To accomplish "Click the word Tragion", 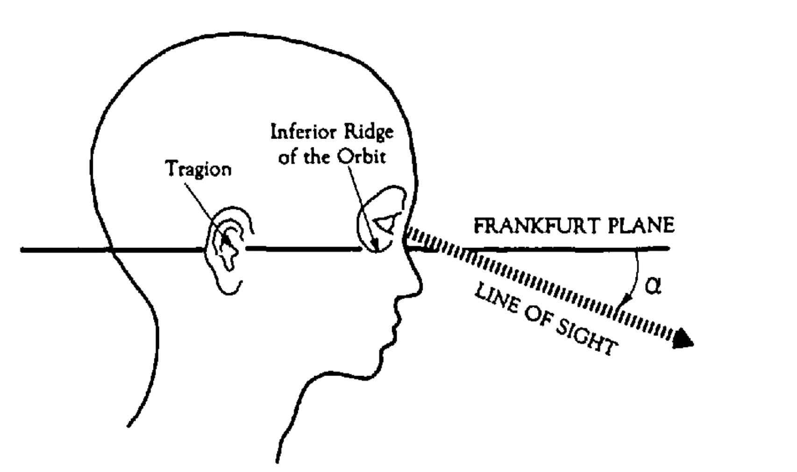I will click(199, 169).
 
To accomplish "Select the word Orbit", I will click(363, 157).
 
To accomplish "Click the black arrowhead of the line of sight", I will click(683, 338).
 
